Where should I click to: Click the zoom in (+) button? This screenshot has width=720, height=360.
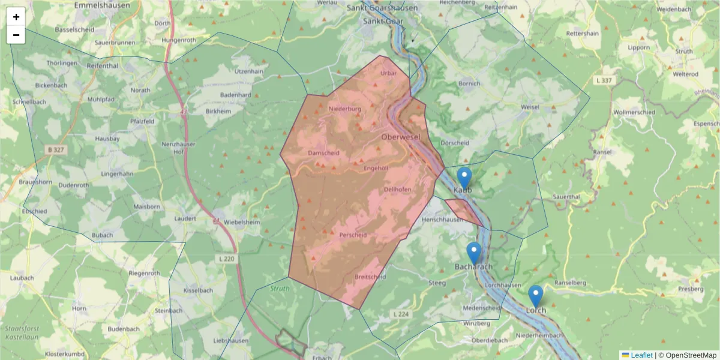(x=16, y=17)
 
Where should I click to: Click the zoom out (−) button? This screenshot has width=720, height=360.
(x=16, y=35)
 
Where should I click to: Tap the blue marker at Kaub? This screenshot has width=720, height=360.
(x=464, y=178)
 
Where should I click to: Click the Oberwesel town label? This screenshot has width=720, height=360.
(x=400, y=137)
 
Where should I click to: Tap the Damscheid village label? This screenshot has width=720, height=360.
(x=323, y=153)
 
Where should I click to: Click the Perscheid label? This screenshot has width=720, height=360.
(x=353, y=235)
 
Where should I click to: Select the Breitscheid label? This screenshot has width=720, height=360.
(x=370, y=277)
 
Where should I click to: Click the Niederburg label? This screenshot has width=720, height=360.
(x=345, y=109)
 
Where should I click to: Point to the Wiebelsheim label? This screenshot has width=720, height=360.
(x=242, y=222)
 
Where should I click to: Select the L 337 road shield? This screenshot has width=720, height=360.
(x=604, y=80)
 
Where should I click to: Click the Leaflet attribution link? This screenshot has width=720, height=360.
(x=641, y=355)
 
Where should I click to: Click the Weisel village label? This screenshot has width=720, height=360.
(x=530, y=107)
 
